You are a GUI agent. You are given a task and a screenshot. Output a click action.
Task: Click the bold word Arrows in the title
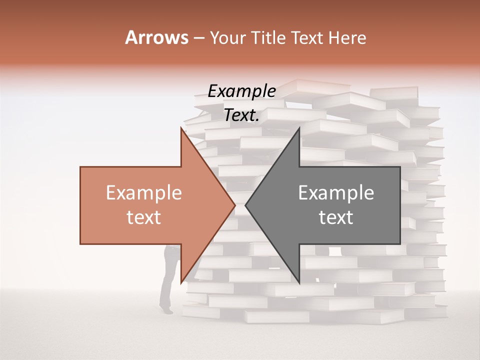point(156,37)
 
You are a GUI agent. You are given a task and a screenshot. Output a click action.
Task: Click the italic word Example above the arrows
point(241,91)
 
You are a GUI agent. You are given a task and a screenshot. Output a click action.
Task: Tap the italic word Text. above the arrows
point(241,115)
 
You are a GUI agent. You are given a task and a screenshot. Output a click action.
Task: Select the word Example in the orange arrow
point(144,193)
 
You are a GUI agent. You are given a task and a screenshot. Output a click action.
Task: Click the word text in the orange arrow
point(144,217)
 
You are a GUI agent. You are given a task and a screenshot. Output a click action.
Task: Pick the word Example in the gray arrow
point(336,193)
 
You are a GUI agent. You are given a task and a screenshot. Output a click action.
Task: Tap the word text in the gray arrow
point(336,217)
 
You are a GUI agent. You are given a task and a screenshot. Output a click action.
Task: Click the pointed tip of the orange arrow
point(234,205)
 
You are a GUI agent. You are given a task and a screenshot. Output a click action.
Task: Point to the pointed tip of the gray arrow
point(246,205)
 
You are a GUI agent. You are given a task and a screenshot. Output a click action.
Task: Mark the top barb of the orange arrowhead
point(181,128)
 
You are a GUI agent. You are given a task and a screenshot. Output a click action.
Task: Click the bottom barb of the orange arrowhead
point(181,282)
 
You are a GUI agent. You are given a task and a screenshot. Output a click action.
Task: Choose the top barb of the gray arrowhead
point(299,128)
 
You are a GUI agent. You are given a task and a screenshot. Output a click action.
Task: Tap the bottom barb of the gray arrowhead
point(299,282)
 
